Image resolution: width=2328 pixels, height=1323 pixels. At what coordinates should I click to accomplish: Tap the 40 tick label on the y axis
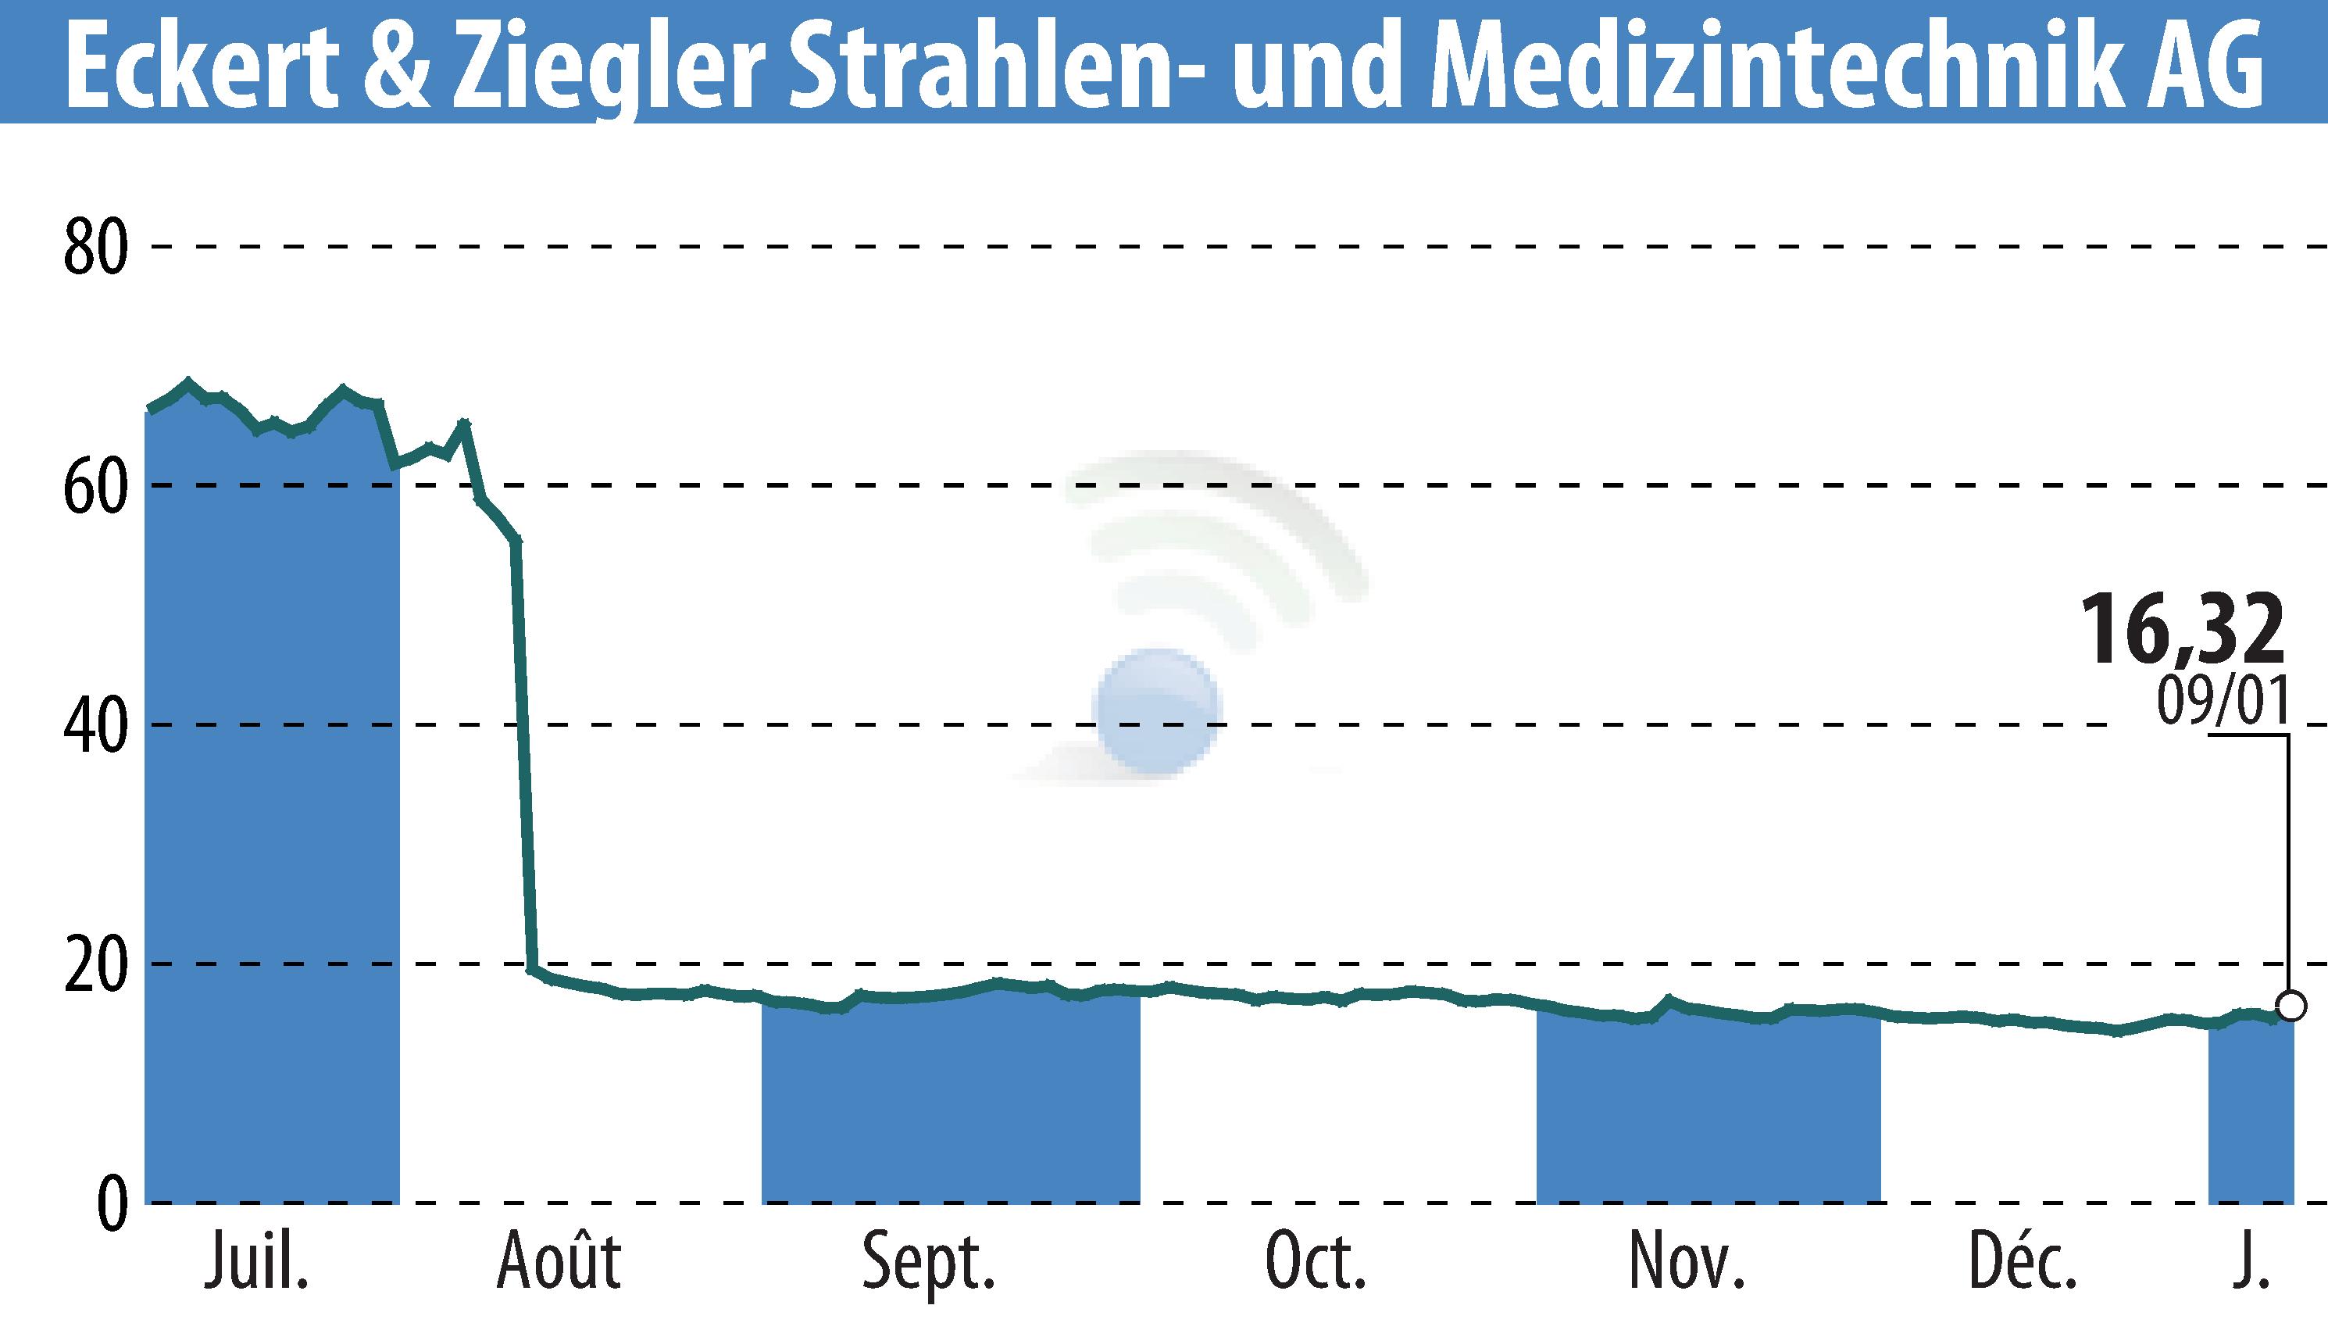coord(95,727)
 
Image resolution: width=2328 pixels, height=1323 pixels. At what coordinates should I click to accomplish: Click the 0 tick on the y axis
coord(112,1205)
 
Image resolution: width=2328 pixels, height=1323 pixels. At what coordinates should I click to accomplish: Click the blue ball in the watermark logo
coord(1157,711)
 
